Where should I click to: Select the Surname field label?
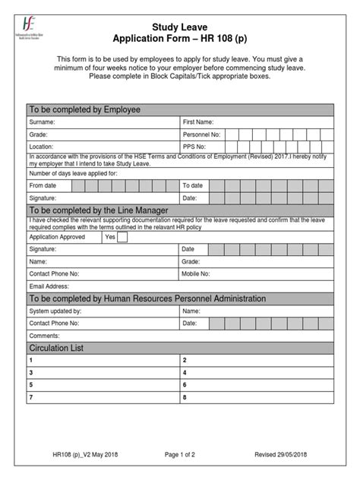tap(42, 122)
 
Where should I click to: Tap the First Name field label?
tap(198, 122)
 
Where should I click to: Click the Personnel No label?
tap(201, 134)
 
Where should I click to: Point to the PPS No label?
tap(194, 147)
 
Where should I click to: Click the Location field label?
tap(42, 147)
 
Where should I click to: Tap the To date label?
tap(192, 185)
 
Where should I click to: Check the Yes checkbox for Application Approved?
tap(122, 237)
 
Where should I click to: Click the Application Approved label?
tap(60, 237)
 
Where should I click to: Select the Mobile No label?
tap(196, 273)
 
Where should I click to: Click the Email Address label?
tap(50, 286)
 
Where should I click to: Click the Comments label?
tap(44, 336)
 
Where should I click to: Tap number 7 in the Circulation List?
tap(31, 397)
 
